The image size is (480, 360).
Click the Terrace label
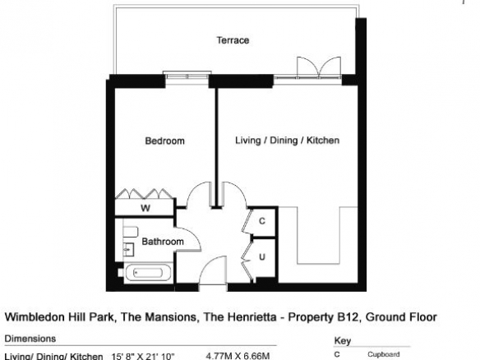[233, 40]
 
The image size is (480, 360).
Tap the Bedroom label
[164, 141]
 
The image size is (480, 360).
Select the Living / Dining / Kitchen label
[287, 141]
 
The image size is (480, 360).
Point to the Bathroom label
[163, 242]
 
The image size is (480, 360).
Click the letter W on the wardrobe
[145, 208]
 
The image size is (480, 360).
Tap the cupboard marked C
[262, 221]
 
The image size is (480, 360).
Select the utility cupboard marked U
[262, 256]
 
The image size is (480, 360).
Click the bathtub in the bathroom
[148, 273]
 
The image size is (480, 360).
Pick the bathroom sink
[128, 250]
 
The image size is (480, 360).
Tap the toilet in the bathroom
[131, 232]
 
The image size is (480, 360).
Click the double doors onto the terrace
[319, 67]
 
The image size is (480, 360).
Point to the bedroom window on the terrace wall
[187, 76]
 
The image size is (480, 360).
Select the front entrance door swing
[213, 270]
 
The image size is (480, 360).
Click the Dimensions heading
[30, 339]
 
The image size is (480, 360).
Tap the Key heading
[343, 341]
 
